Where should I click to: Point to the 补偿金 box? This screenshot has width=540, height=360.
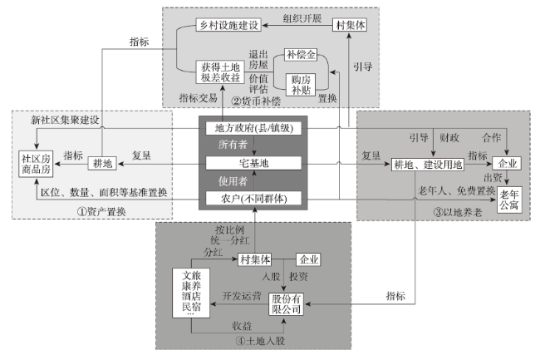[x=301, y=56]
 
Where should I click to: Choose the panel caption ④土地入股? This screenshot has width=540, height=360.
[x=259, y=341]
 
